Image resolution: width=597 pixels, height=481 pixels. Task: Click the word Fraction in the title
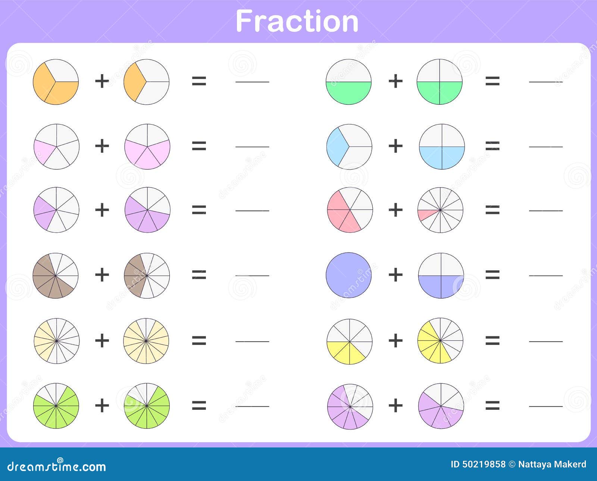tap(297, 21)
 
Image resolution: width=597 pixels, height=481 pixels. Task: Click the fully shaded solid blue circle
tap(349, 275)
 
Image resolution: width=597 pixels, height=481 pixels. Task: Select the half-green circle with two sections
tap(349, 82)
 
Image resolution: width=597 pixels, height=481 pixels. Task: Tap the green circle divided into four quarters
tap(440, 82)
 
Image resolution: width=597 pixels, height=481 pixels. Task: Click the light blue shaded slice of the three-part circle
tap(337, 147)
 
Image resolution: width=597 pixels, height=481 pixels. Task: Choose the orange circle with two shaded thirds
tap(56, 82)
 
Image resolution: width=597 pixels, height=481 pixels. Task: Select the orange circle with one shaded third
tap(147, 82)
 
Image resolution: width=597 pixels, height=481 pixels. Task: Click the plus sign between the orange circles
tap(102, 81)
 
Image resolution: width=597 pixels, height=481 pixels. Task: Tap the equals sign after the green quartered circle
tap(493, 81)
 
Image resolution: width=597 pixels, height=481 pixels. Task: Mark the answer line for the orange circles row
tap(252, 82)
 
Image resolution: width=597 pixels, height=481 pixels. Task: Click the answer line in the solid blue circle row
tap(546, 276)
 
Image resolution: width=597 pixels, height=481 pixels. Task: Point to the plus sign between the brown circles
tap(102, 275)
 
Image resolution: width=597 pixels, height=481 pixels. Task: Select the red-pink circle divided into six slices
tap(350, 210)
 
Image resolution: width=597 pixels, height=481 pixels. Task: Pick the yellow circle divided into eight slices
tap(350, 341)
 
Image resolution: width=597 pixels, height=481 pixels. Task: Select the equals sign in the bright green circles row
tap(199, 405)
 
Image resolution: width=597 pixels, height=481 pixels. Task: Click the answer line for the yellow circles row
tap(546, 342)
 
